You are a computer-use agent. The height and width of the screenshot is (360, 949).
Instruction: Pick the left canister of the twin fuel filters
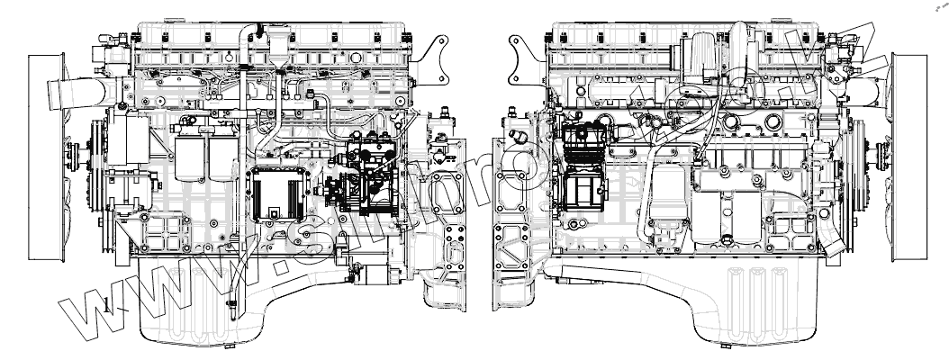(x=188, y=161)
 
